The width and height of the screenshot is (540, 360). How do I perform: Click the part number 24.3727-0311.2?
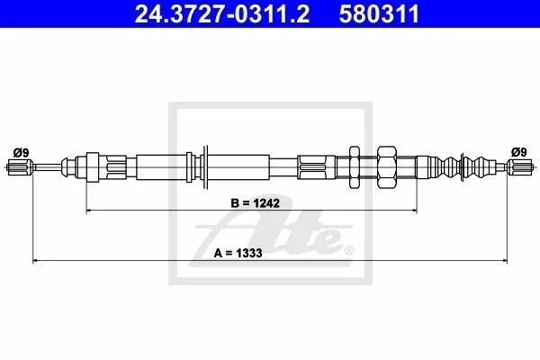tap(222, 13)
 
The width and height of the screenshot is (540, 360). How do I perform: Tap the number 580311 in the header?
tap(379, 13)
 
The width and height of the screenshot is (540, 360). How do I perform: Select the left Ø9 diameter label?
tap(21, 152)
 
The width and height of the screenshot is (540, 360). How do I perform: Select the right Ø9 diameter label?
tap(519, 152)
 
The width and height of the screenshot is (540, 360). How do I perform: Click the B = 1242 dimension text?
tap(256, 203)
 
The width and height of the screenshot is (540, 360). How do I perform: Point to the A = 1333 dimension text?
tap(238, 253)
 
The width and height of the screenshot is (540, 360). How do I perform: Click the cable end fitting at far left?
tap(20, 167)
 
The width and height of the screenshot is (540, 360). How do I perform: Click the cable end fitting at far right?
tap(520, 167)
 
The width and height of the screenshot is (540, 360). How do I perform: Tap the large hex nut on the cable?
tap(387, 167)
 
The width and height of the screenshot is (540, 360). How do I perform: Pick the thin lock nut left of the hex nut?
tap(355, 167)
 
